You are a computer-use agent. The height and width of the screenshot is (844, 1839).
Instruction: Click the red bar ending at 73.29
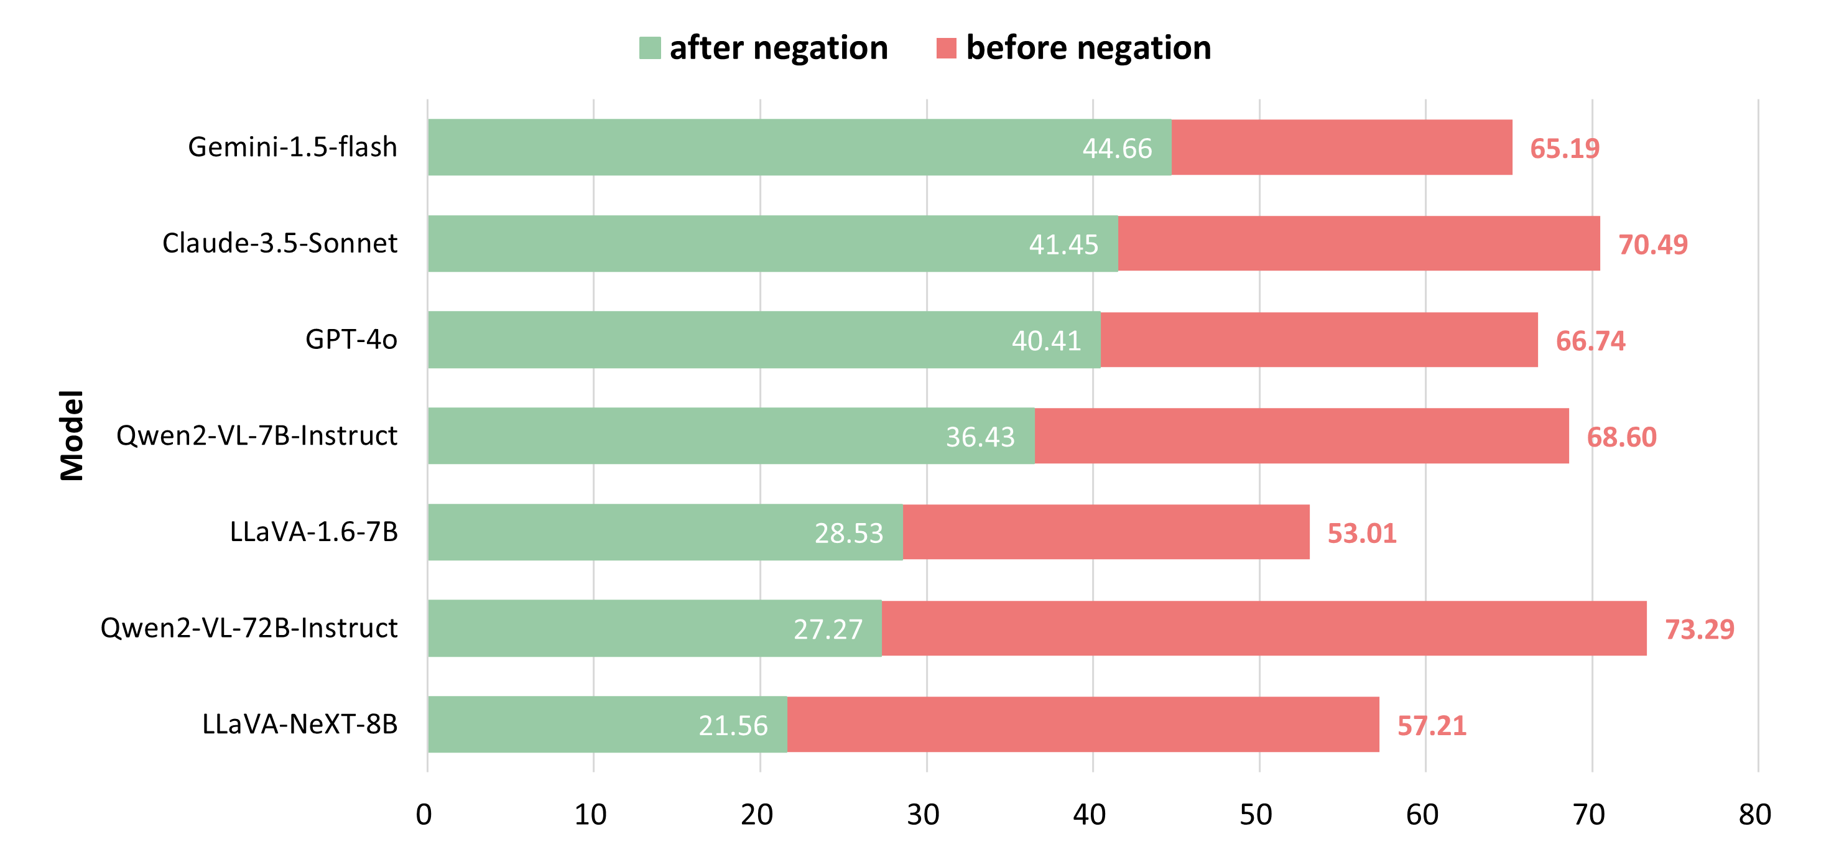tap(1264, 628)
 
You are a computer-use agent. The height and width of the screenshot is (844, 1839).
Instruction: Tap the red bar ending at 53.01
tap(1106, 532)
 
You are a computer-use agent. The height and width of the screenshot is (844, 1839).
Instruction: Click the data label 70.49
tap(1652, 245)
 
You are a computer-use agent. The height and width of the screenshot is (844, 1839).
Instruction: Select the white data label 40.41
tap(1046, 341)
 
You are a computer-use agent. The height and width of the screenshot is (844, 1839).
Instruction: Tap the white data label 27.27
tap(828, 629)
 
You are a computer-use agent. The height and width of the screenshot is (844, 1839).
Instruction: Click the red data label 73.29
tap(1699, 629)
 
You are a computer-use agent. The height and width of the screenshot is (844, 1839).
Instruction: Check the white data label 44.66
tap(1116, 149)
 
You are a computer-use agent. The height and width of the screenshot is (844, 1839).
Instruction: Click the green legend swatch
tap(650, 48)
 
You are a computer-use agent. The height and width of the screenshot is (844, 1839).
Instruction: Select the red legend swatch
tap(946, 48)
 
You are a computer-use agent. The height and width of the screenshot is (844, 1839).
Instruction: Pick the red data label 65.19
tap(1564, 149)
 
